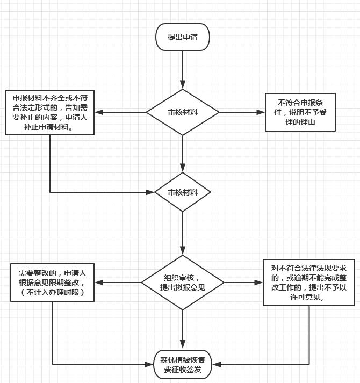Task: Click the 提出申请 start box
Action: point(183,37)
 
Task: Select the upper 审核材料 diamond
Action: point(183,112)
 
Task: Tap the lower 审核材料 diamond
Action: point(183,192)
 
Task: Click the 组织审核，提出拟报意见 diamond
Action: point(183,283)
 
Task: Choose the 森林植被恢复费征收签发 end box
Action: point(183,364)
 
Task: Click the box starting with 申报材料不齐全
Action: point(50,112)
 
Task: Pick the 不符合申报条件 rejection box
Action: point(300,112)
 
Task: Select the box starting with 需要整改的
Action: point(52,283)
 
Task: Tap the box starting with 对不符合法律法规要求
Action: point(308,283)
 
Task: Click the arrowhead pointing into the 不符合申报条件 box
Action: point(261,112)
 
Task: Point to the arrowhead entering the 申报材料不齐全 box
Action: point(99,112)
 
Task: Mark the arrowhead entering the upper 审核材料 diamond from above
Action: point(183,84)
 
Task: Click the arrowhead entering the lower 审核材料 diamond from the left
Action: point(150,192)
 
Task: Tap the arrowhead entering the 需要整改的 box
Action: point(99,283)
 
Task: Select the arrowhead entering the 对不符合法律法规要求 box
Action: point(258,283)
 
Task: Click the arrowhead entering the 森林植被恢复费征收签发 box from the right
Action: point(217,364)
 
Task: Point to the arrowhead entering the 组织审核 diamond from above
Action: point(183,251)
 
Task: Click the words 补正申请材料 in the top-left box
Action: point(46,127)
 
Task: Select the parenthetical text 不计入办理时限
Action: point(53,292)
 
